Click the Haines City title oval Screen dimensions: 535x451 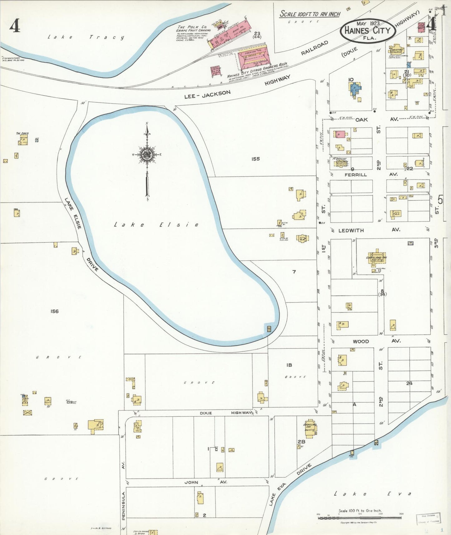(x=368, y=30)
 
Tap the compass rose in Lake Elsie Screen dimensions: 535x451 (x=147, y=155)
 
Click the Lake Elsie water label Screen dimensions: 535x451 (x=156, y=225)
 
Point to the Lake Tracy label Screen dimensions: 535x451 (x=86, y=37)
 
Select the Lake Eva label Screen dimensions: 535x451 (x=373, y=494)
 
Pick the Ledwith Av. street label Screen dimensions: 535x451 (x=351, y=230)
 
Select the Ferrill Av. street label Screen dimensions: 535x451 (x=355, y=175)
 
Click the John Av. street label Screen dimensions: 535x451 (x=191, y=482)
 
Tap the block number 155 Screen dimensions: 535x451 (x=255, y=159)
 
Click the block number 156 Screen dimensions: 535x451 (x=54, y=311)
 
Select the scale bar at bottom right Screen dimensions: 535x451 (x=360, y=518)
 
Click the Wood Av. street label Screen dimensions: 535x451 (x=361, y=341)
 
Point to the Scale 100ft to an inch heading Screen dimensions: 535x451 (x=310, y=14)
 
